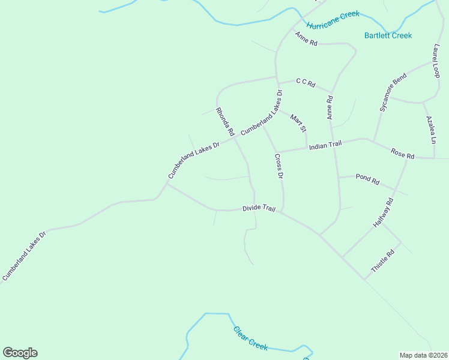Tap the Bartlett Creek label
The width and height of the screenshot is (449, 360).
[x=388, y=35]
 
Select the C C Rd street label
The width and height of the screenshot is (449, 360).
[x=306, y=83]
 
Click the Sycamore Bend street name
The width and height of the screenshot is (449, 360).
[x=393, y=92]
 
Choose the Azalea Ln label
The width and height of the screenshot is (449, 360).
[x=430, y=130]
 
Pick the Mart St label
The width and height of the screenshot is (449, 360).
[x=298, y=122]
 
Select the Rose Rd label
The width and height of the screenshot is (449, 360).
[x=402, y=154]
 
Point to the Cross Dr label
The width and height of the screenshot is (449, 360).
[x=279, y=166]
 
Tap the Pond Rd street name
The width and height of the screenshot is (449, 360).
[x=367, y=178]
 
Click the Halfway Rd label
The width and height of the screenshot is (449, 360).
[x=382, y=212]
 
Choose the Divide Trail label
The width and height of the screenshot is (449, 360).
[x=259, y=208]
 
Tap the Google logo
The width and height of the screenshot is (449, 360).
[x=20, y=353]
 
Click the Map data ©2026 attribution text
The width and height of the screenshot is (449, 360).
[x=423, y=355]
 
